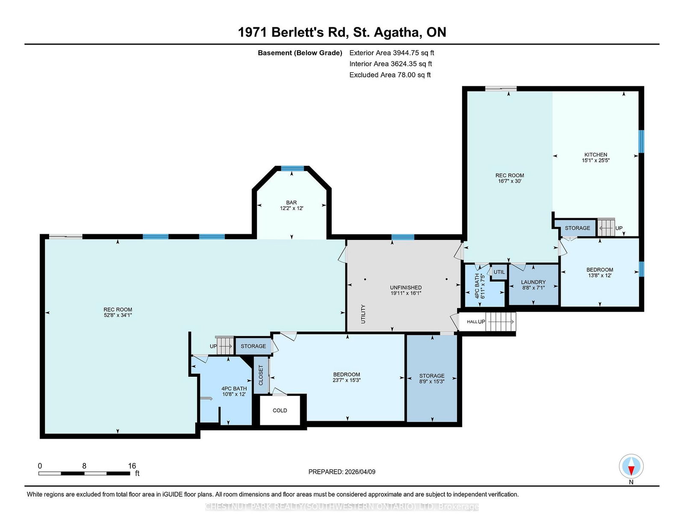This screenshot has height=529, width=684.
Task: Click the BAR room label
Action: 291,202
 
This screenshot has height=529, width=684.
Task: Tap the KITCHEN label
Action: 596,155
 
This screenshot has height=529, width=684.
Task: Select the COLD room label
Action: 280,410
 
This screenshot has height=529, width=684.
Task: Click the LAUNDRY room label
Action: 533,282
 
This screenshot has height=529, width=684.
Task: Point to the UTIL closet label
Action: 499,272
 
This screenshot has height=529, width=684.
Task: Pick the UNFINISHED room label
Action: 405,287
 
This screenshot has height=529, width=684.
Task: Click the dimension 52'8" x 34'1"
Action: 118,315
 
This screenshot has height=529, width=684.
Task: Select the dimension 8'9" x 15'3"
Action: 431,381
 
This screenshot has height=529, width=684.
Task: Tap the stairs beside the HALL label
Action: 500,322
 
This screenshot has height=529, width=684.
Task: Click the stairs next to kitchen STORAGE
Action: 606,227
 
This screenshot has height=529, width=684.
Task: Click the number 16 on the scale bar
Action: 132,466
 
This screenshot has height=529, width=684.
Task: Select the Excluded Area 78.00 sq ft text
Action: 390,75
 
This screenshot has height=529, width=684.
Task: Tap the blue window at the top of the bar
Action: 292,168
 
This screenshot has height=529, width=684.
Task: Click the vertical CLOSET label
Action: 261,375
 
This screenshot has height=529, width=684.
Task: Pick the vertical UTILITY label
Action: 363,314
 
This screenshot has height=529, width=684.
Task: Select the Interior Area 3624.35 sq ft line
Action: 390,64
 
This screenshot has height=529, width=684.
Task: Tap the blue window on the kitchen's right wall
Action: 641,142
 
